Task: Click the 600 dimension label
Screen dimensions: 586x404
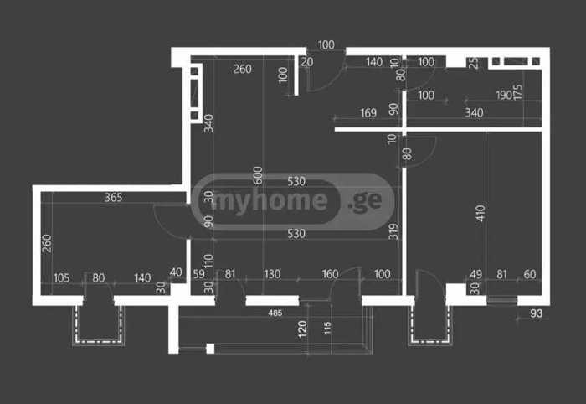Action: click(258, 175)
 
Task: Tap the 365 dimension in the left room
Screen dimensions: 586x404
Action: click(113, 197)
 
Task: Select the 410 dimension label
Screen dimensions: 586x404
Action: click(481, 213)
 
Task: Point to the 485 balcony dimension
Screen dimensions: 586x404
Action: click(275, 313)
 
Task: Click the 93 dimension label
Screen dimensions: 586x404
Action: click(536, 313)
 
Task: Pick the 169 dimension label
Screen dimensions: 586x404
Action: click(368, 113)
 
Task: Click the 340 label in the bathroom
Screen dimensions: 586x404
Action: click(474, 112)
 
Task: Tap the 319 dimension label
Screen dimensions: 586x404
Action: click(393, 231)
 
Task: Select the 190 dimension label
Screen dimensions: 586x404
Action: click(503, 95)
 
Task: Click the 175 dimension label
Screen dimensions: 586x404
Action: click(517, 92)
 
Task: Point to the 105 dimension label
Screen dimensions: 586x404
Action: click(61, 278)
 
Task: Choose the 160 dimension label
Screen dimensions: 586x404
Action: click(330, 274)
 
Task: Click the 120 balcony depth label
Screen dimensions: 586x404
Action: click(302, 329)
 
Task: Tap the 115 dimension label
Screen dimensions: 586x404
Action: click(327, 328)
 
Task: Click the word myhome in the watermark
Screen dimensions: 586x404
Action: click(270, 201)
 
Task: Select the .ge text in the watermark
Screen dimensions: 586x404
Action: click(365, 202)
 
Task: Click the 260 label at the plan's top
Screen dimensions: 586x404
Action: click(242, 70)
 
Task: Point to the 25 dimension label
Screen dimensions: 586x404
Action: click(473, 63)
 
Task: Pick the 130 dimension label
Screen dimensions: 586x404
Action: click(272, 274)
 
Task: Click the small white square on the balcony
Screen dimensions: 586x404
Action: click(210, 349)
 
